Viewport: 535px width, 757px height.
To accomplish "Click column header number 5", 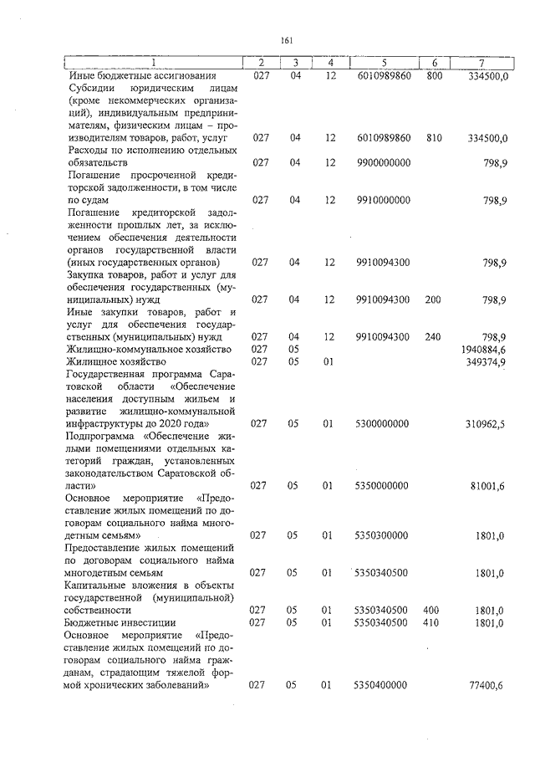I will tap(383, 63).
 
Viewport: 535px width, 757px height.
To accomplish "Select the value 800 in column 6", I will tap(434, 76).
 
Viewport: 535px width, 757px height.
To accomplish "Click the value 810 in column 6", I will tap(434, 137).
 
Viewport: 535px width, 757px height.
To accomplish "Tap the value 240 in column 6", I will tap(434, 336).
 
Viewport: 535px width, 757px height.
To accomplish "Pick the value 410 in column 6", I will tap(434, 622).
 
